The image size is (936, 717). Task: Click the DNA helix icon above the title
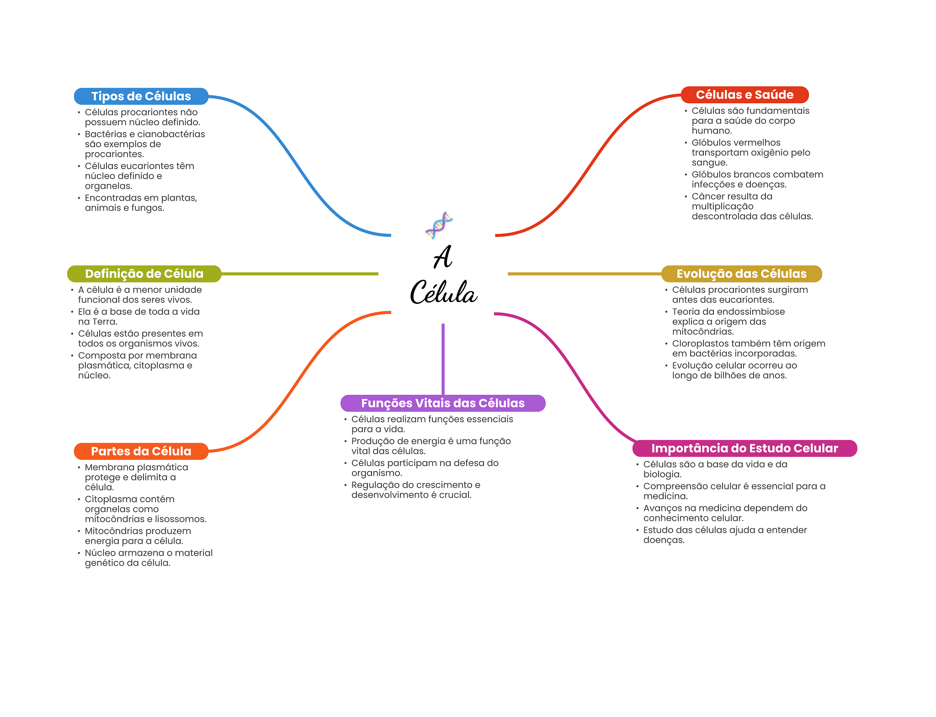(x=439, y=225)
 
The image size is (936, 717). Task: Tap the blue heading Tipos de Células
(x=141, y=96)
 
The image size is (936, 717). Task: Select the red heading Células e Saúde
(x=745, y=95)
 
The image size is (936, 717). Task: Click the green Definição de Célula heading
(x=144, y=274)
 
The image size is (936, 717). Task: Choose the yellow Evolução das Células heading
(x=741, y=274)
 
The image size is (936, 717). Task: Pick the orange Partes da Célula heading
(x=141, y=451)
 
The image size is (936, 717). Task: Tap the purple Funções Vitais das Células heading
(x=442, y=403)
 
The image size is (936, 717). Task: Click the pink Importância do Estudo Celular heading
(x=745, y=448)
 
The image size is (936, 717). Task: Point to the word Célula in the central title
(x=443, y=292)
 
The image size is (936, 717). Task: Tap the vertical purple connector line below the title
(x=443, y=359)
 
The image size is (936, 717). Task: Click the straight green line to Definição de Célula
(x=299, y=274)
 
